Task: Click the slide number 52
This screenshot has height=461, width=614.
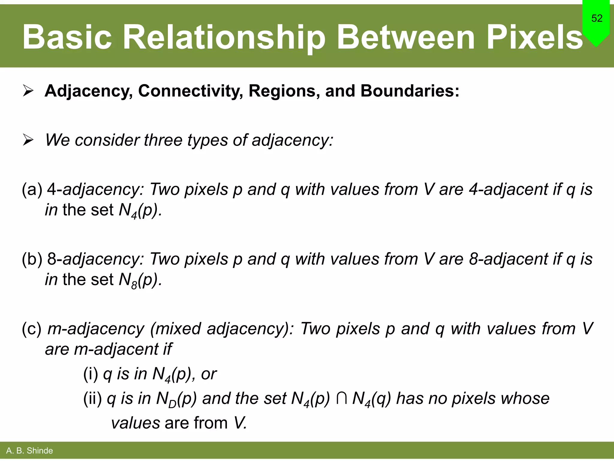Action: coord(597,19)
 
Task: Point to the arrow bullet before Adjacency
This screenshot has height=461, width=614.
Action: coord(28,91)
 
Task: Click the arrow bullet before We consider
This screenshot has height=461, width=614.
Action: coord(28,140)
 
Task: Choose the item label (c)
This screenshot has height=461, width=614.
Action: coord(32,329)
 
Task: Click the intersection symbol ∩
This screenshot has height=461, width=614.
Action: coord(341,399)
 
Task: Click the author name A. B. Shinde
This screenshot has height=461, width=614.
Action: coord(29,451)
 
